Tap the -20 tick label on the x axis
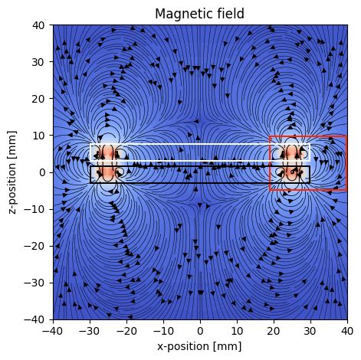(126, 330)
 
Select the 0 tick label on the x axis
(200, 330)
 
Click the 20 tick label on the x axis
(274, 330)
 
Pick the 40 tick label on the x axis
(346, 330)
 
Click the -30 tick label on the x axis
(90, 330)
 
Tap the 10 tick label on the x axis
(237, 330)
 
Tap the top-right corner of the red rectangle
(346, 136)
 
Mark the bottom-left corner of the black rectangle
(90, 182)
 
